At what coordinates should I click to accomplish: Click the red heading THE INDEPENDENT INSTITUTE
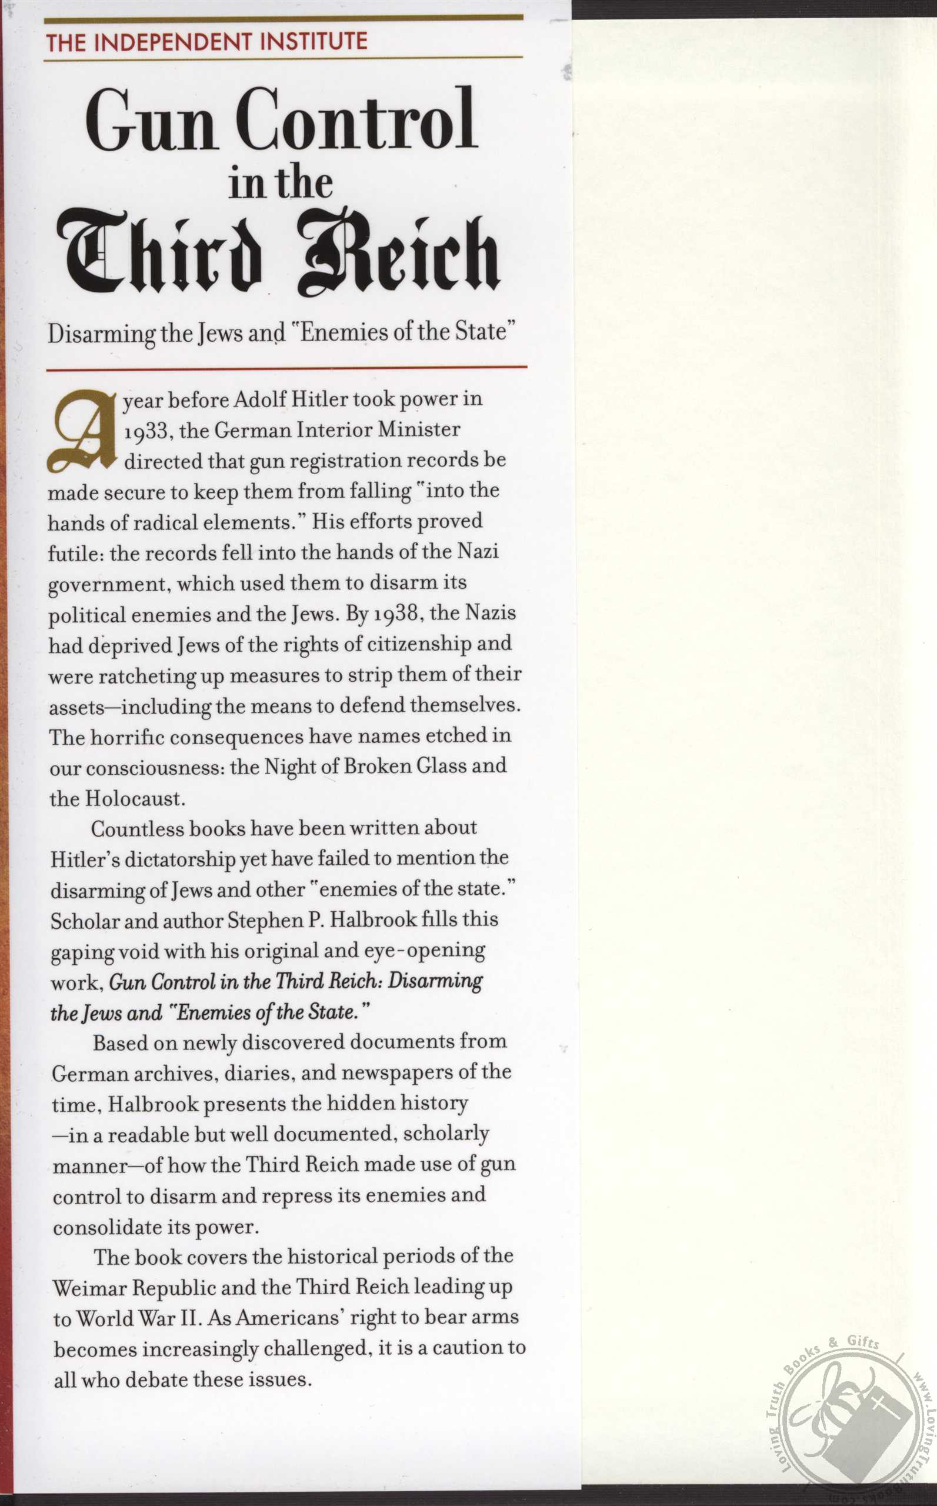[x=206, y=42]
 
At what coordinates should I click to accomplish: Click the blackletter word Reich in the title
[x=398, y=255]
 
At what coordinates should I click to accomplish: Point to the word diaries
[x=259, y=1073]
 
